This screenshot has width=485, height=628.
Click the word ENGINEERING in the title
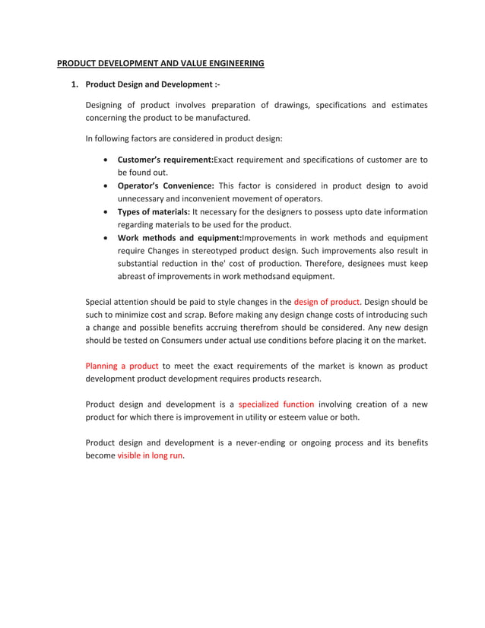[233, 63]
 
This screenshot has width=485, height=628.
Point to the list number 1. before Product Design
[74, 84]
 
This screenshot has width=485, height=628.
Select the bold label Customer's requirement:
[165, 160]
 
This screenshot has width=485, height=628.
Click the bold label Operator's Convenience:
[166, 186]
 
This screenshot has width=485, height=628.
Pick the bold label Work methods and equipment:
[179, 238]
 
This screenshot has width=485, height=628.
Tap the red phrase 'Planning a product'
[122, 366]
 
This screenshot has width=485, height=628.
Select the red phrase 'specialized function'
[276, 404]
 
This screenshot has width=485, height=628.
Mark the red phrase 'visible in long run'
[150, 455]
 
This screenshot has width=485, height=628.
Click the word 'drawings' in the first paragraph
[290, 105]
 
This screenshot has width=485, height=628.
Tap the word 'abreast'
[134, 277]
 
